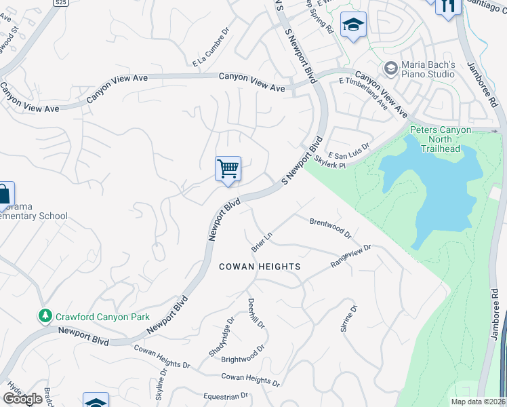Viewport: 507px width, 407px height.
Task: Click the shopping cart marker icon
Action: click(x=228, y=168)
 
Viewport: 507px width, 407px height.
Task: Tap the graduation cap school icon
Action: click(x=353, y=26)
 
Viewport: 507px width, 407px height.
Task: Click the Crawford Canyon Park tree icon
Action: click(x=45, y=315)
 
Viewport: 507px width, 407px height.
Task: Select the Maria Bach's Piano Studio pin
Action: click(x=390, y=68)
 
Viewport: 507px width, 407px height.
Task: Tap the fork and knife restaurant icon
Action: click(x=447, y=6)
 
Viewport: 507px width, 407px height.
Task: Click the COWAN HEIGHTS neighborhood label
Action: click(x=260, y=267)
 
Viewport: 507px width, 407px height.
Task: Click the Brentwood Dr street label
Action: click(x=330, y=228)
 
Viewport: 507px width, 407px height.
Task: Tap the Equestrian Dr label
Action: click(x=226, y=396)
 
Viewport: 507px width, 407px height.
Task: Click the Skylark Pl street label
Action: click(x=331, y=161)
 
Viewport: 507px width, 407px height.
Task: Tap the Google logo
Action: click(x=23, y=399)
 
